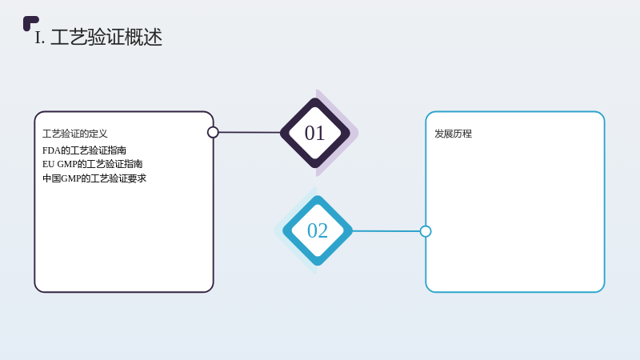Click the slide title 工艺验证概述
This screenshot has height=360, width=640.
(106, 37)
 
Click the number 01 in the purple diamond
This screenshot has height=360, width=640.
(314, 133)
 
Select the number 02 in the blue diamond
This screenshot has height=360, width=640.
(318, 230)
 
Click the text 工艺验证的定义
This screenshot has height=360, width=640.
(74, 134)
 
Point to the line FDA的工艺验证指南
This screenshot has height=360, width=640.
(84, 150)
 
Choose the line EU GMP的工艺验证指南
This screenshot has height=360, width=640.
(92, 164)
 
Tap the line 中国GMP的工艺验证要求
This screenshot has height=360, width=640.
(94, 178)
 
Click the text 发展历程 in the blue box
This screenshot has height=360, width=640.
(453, 134)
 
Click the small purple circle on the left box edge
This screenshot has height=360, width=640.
(213, 132)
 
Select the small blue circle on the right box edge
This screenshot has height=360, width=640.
(426, 231)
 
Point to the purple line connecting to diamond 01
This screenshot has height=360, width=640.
(250, 132)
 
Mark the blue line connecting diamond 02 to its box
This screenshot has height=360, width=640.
(386, 231)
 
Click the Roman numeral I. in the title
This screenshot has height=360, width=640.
(39, 38)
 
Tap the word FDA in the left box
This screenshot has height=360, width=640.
(51, 150)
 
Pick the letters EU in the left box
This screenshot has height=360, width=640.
(48, 164)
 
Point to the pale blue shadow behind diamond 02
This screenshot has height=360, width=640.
(282, 230)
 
